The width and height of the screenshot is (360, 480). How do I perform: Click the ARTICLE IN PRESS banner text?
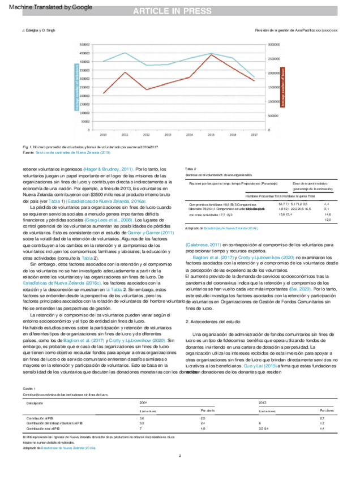pyautogui.click(x=179, y=12)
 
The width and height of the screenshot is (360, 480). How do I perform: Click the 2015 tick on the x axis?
pyautogui.click(x=211, y=135)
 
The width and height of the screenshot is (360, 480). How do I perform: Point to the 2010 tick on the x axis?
pyautogui.click(x=103, y=135)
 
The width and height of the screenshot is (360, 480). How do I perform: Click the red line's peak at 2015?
pyautogui.click(x=211, y=55)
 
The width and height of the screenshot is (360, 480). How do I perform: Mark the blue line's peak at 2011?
pyautogui.click(x=125, y=53)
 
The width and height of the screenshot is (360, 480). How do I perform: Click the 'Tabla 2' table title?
pyautogui.click(x=191, y=169)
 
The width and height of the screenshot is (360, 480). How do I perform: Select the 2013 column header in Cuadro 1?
pyautogui.click(x=263, y=401)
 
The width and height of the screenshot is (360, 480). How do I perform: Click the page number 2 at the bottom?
pyautogui.click(x=179, y=456)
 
